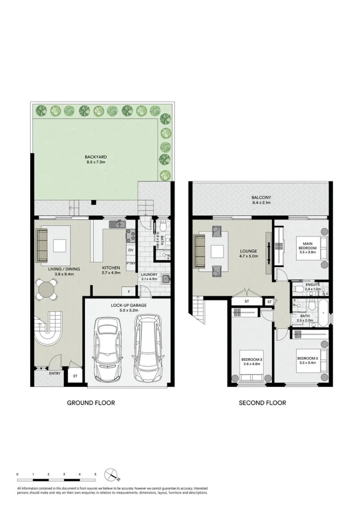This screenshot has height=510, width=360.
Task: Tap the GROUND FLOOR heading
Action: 91,403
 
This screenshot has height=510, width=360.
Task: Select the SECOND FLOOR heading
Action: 262,403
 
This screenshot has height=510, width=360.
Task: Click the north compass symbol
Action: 111,474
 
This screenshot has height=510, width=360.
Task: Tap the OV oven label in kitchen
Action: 131,250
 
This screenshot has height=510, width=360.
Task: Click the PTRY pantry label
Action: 131,263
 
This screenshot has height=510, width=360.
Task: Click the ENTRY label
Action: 55,374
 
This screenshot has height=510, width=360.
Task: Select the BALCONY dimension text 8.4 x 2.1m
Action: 261,203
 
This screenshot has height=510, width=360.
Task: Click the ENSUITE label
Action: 312,284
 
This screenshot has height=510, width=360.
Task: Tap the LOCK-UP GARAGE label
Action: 129,306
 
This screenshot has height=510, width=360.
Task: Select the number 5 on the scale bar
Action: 95,473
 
